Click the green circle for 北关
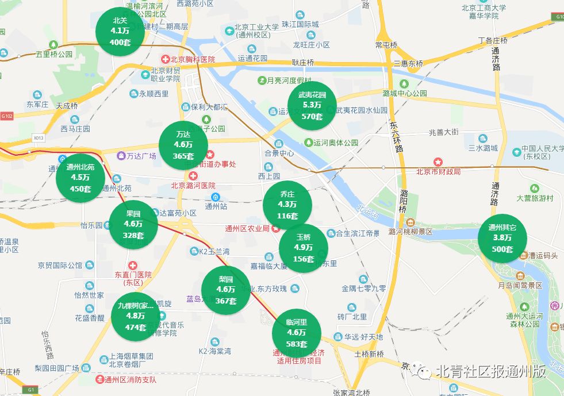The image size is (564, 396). (x=120, y=31)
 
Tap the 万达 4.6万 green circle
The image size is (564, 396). (x=183, y=145)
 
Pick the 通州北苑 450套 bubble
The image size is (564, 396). (x=80, y=178)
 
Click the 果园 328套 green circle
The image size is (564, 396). (x=133, y=224)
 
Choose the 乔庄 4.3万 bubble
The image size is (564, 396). (x=287, y=205)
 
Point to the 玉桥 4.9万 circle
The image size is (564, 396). (x=303, y=248)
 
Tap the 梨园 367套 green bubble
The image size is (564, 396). (x=225, y=290)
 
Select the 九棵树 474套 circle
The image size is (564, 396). (x=136, y=316)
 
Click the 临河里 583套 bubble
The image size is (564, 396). (x=296, y=333)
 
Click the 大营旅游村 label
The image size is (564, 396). (x=534, y=198)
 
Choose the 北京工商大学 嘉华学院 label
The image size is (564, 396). (x=484, y=12)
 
